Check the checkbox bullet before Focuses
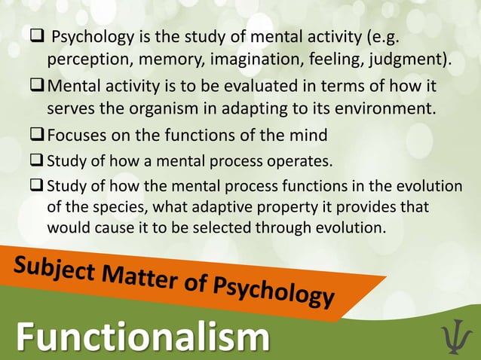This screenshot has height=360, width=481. pos(38,136)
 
